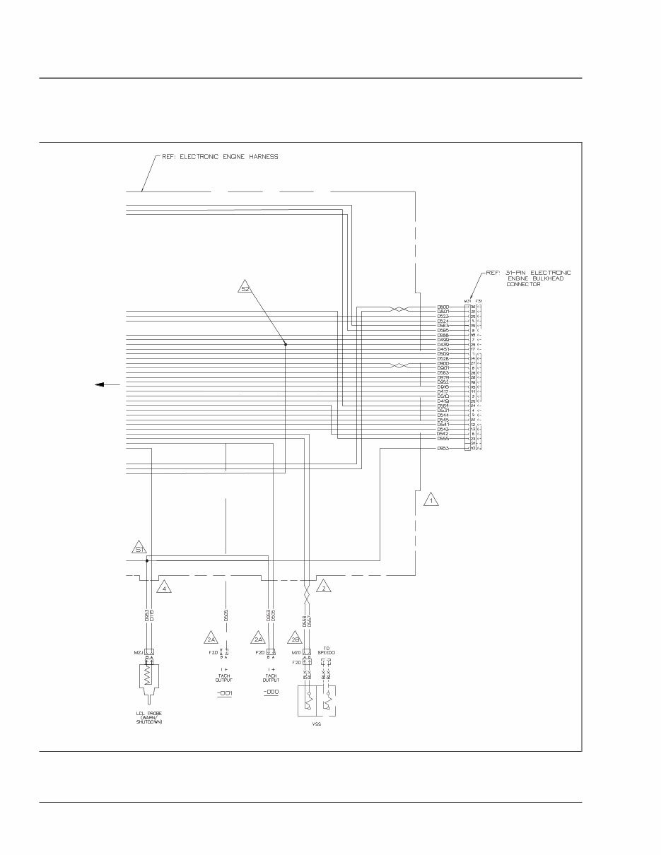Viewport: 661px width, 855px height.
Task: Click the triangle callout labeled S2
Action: pyautogui.click(x=245, y=288)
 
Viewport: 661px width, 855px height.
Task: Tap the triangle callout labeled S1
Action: pyautogui.click(x=139, y=548)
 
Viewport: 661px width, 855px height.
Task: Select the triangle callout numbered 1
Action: pyautogui.click(x=431, y=500)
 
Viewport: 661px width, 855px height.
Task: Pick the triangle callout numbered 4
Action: pyautogui.click(x=164, y=587)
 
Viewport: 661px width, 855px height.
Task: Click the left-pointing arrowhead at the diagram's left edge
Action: pyautogui.click(x=100, y=384)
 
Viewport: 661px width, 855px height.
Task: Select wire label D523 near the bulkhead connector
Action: pyautogui.click(x=444, y=316)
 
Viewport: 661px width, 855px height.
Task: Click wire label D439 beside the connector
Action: pyautogui.click(x=444, y=344)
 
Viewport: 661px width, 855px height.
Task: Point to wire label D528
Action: pyautogui.click(x=444, y=359)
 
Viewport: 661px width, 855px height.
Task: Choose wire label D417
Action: pyautogui.click(x=444, y=391)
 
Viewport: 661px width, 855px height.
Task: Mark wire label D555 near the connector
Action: pyautogui.click(x=444, y=439)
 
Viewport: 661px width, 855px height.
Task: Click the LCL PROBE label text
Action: pyautogui.click(x=149, y=713)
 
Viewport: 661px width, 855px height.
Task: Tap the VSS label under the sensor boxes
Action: pyautogui.click(x=316, y=725)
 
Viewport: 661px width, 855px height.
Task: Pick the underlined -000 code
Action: pyautogui.click(x=271, y=692)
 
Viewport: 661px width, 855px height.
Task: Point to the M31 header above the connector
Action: pyautogui.click(x=467, y=301)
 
